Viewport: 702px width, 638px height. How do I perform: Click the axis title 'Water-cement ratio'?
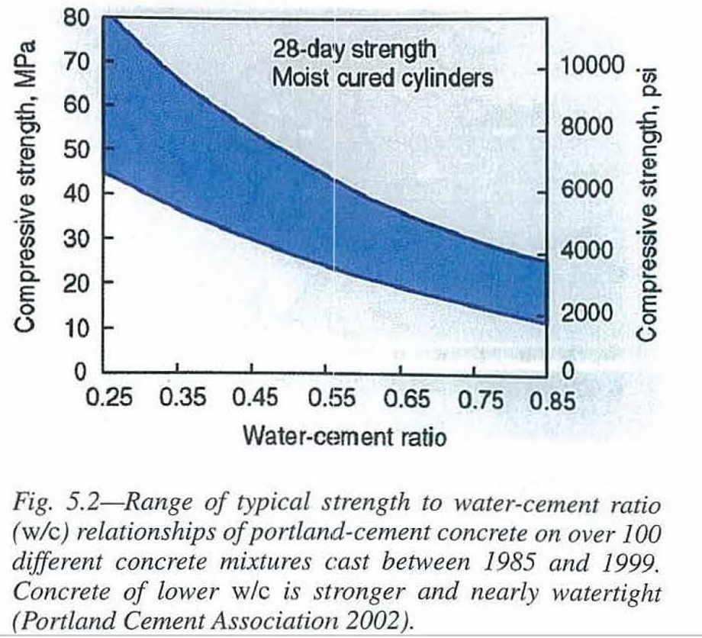point(343,437)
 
